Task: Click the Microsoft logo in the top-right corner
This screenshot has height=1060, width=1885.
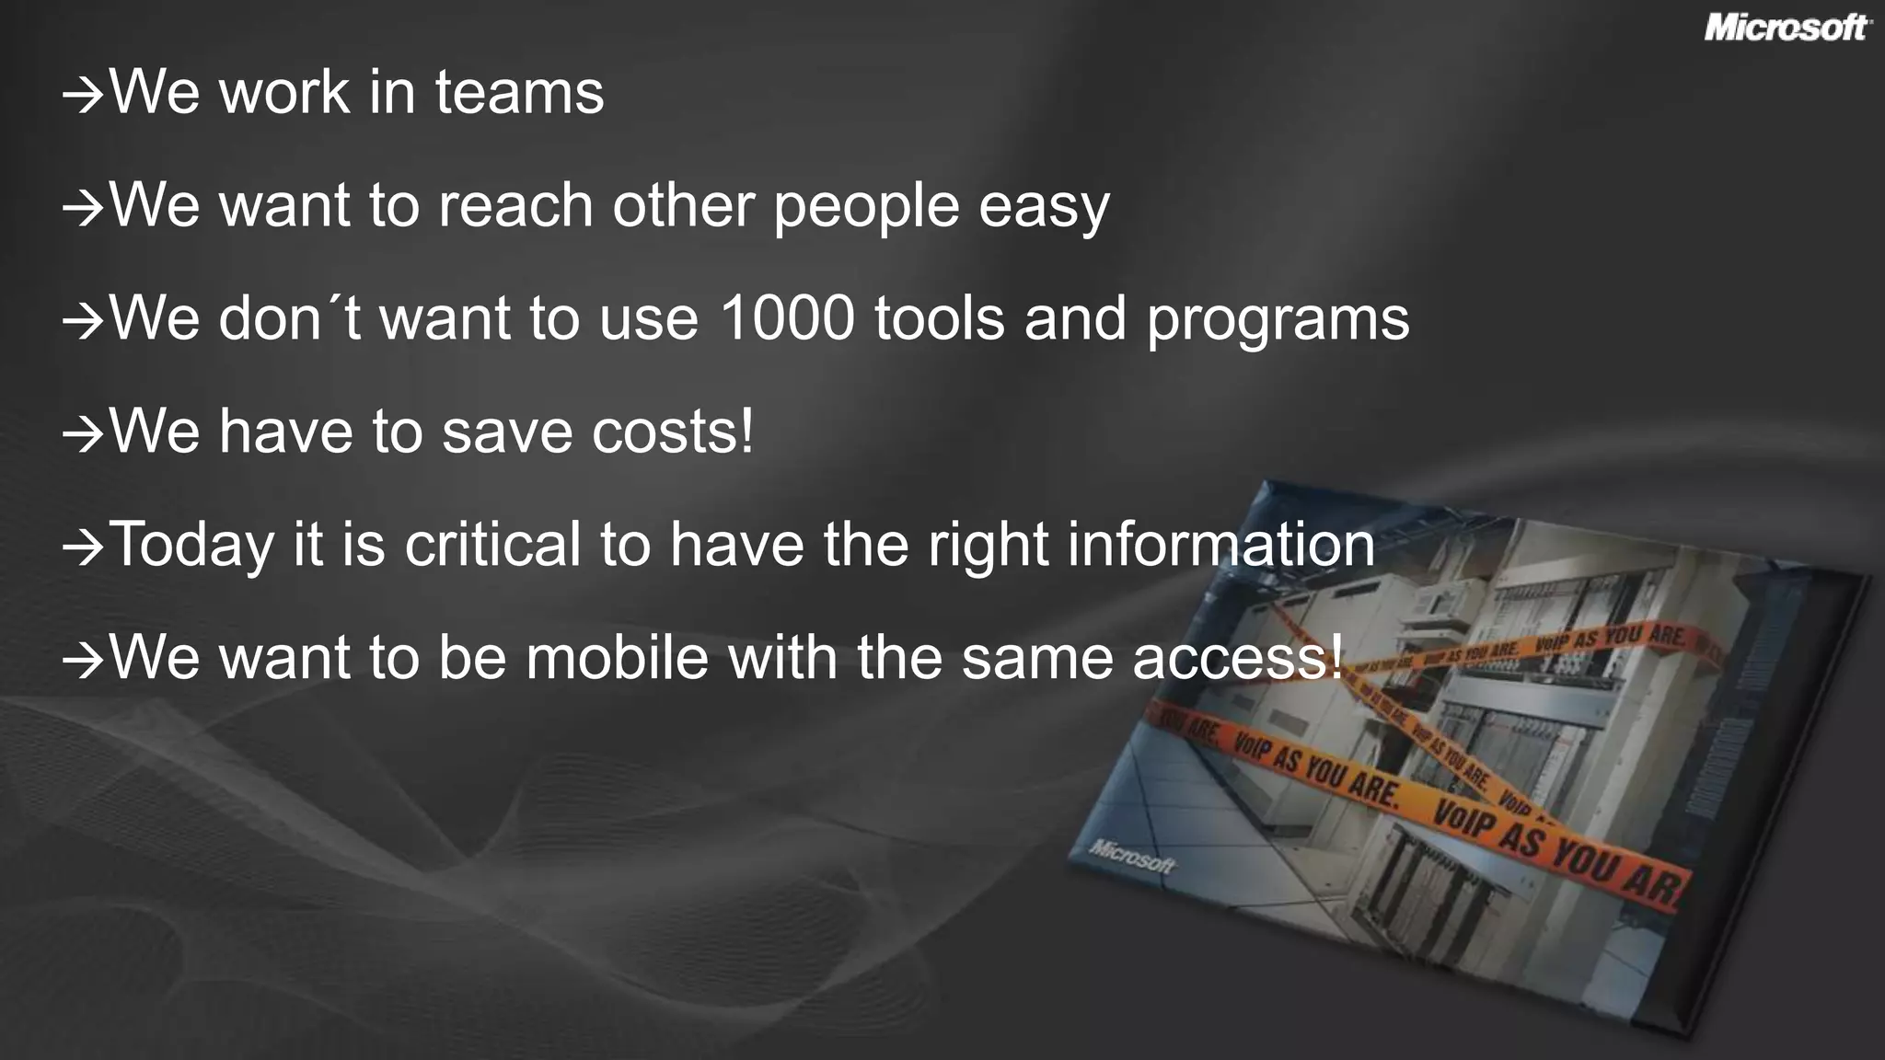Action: tap(1787, 28)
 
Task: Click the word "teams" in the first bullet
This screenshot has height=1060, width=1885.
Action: tap(519, 92)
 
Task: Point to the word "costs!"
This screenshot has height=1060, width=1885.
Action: tap(672, 432)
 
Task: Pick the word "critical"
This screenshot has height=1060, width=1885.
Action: tap(492, 545)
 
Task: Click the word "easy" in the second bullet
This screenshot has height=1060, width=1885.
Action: tap(1044, 206)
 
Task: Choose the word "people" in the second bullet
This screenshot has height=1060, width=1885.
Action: tap(866, 206)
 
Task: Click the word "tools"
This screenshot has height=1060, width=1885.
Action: tap(940, 318)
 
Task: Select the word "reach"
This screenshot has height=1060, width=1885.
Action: tap(515, 205)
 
